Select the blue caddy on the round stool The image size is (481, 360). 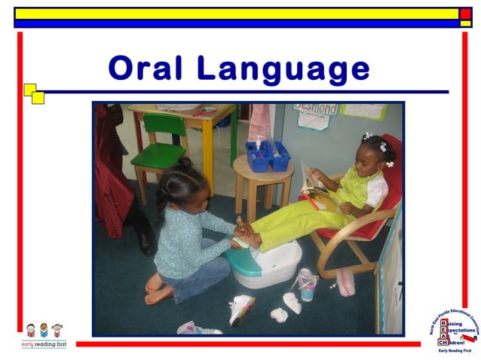[x=268, y=156]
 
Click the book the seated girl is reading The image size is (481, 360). [x=317, y=188]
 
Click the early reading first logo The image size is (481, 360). [x=44, y=335]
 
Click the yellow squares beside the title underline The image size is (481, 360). [x=33, y=93]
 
